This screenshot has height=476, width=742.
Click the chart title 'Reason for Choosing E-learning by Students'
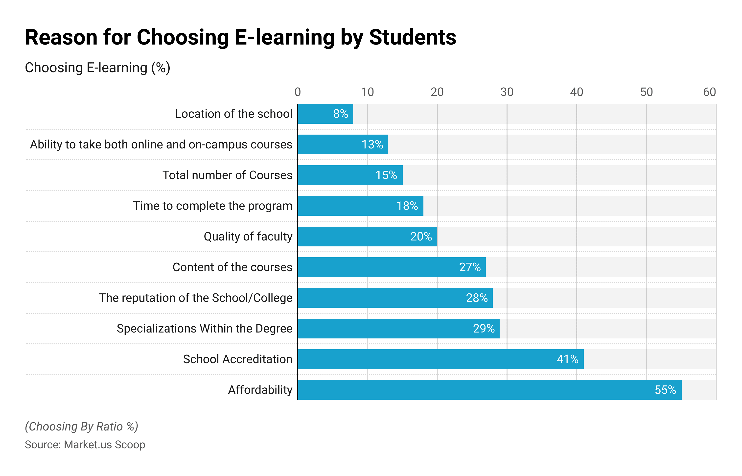click(x=240, y=37)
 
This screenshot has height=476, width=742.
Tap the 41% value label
click(x=567, y=359)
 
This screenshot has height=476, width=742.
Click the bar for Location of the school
click(x=315, y=114)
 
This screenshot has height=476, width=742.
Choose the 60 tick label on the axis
click(x=709, y=92)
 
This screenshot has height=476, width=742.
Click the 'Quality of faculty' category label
click(x=248, y=237)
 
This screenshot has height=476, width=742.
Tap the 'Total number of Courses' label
click(x=227, y=175)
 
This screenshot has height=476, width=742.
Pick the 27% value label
click(x=469, y=267)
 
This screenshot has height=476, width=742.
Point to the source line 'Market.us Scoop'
click(x=85, y=445)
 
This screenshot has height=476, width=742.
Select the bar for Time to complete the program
click(x=346, y=206)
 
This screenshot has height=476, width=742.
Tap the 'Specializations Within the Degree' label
click(x=205, y=329)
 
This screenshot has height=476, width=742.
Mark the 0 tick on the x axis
click(x=298, y=92)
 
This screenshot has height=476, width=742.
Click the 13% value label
click(x=372, y=144)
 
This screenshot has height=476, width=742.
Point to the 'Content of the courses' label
click(x=232, y=267)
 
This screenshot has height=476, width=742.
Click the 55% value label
click(x=665, y=390)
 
